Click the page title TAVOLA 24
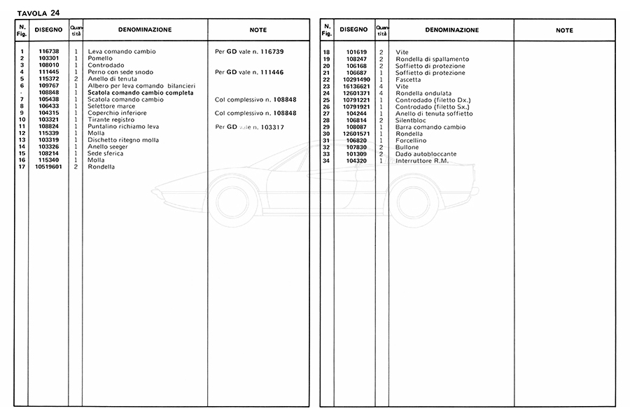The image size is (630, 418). pyautogui.click(x=38, y=11)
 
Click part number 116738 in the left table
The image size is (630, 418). pyautogui.click(x=48, y=52)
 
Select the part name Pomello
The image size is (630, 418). pyautogui.click(x=100, y=59)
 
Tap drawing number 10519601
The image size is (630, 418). pyautogui.click(x=49, y=167)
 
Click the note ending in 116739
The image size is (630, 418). pyautogui.click(x=249, y=52)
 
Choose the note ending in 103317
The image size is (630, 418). pyautogui.click(x=249, y=126)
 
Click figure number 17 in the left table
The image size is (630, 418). pyautogui.click(x=22, y=167)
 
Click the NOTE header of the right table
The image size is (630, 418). pyautogui.click(x=564, y=31)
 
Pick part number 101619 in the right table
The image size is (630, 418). pyautogui.click(x=357, y=53)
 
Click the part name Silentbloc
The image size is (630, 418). pyautogui.click(x=412, y=120)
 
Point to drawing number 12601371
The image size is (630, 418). pyautogui.click(x=357, y=93)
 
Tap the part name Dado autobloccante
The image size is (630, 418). pyautogui.click(x=426, y=153)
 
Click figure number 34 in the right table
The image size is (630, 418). pyautogui.click(x=326, y=160)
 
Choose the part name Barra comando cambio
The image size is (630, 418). pyautogui.click(x=430, y=127)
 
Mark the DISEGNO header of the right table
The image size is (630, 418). pyautogui.click(x=353, y=30)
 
